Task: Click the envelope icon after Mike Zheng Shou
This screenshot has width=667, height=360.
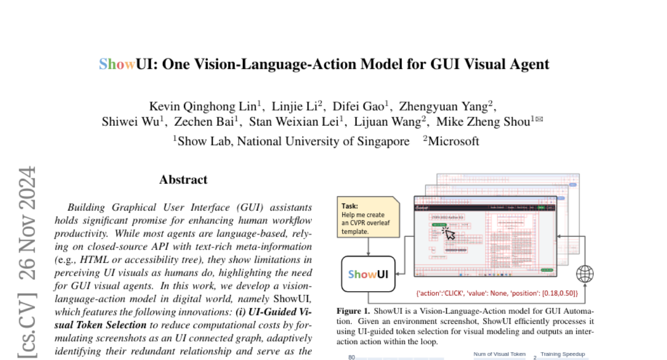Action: click(539, 118)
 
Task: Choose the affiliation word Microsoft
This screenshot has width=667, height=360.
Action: click(453, 141)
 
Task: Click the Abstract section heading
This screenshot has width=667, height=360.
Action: click(183, 179)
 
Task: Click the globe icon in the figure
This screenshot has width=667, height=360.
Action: click(585, 274)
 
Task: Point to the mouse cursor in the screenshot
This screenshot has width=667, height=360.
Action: click(448, 234)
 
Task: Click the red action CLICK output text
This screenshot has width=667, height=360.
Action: click(497, 292)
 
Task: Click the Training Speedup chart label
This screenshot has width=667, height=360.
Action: click(563, 354)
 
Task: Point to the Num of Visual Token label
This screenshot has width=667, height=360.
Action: click(499, 354)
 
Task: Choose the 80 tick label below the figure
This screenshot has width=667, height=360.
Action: click(351, 357)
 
